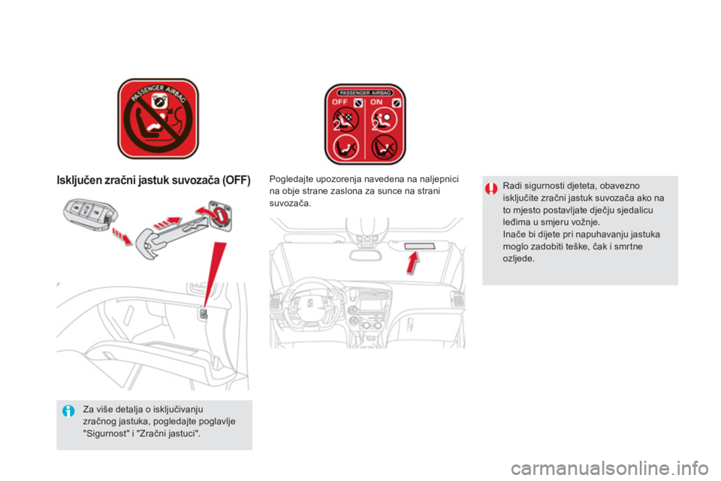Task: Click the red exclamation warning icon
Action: pyautogui.click(x=490, y=188)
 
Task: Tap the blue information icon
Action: pyautogui.click(x=68, y=410)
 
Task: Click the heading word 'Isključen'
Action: pyautogui.click(x=79, y=180)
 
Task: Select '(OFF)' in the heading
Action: pyautogui.click(x=236, y=180)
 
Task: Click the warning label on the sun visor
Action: pyautogui.click(x=419, y=247)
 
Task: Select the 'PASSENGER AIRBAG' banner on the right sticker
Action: pyautogui.click(x=365, y=92)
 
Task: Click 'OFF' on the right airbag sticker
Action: pyautogui.click(x=339, y=102)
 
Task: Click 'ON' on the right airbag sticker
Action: pyautogui.click(x=376, y=102)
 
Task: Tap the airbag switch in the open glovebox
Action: pyautogui.click(x=204, y=314)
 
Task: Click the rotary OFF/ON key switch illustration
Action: pyautogui.click(x=220, y=215)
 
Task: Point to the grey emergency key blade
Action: pyautogui.click(x=175, y=235)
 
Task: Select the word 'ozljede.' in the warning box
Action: pyautogui.click(x=519, y=259)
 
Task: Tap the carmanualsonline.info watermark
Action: pyautogui.click(x=609, y=468)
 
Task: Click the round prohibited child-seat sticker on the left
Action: pyautogui.click(x=158, y=119)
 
